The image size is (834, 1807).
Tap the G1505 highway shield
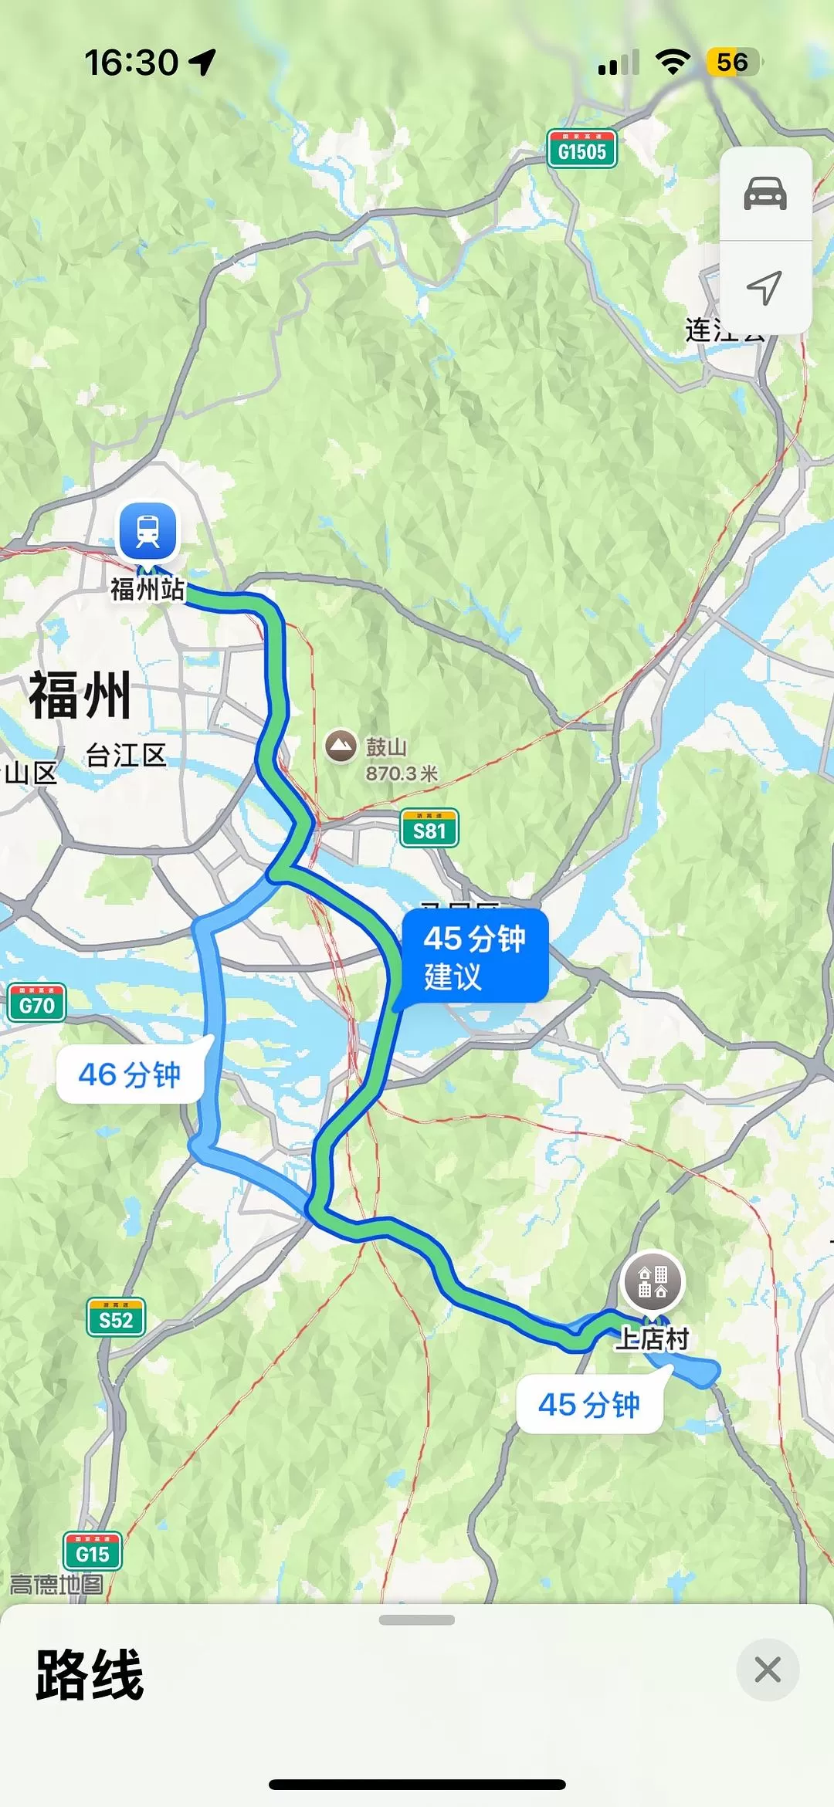click(x=582, y=149)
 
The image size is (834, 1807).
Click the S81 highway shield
click(x=429, y=829)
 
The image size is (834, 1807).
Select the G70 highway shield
click(x=36, y=1003)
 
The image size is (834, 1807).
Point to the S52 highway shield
click(x=116, y=1318)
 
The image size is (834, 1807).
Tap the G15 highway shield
click(x=92, y=1552)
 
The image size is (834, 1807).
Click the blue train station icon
click(x=147, y=530)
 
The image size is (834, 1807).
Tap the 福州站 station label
click(x=147, y=589)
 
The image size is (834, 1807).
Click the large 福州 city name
click(x=80, y=695)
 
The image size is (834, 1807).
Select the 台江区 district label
click(x=126, y=755)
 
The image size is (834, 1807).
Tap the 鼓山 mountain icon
click(x=341, y=746)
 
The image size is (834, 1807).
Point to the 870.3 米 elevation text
click(x=402, y=773)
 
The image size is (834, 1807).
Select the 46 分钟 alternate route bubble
click(x=130, y=1074)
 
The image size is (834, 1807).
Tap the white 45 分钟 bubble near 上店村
click(x=589, y=1404)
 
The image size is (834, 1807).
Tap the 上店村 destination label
click(x=653, y=1338)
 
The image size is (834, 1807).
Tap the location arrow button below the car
click(x=764, y=288)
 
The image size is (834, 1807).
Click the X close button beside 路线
click(x=767, y=1670)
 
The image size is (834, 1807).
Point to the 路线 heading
click(x=90, y=1674)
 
